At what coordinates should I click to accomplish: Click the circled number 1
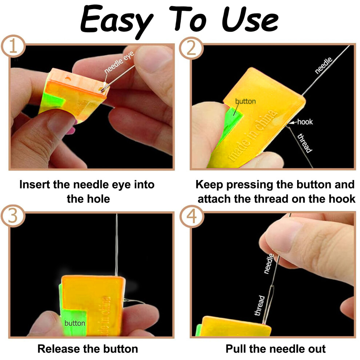pyautogui.click(x=13, y=46)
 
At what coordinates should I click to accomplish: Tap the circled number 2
pyautogui.click(x=191, y=48)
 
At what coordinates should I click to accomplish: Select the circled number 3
pyautogui.click(x=13, y=216)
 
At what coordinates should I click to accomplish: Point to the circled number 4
pyautogui.click(x=191, y=216)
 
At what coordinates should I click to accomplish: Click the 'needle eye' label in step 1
pyautogui.click(x=119, y=62)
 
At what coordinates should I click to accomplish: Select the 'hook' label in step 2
pyautogui.click(x=305, y=122)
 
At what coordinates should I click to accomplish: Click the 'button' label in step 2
pyautogui.click(x=245, y=101)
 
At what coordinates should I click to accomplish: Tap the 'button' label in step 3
pyautogui.click(x=75, y=323)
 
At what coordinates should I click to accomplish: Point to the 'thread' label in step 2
pyautogui.click(x=305, y=143)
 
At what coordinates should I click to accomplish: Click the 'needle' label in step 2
pyautogui.click(x=324, y=66)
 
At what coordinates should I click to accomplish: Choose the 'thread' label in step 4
pyautogui.click(x=260, y=305)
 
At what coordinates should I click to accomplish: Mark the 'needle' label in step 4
pyautogui.click(x=269, y=264)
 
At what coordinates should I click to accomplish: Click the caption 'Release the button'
pyautogui.click(x=88, y=349)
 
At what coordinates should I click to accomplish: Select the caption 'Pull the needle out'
pyautogui.click(x=276, y=349)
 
